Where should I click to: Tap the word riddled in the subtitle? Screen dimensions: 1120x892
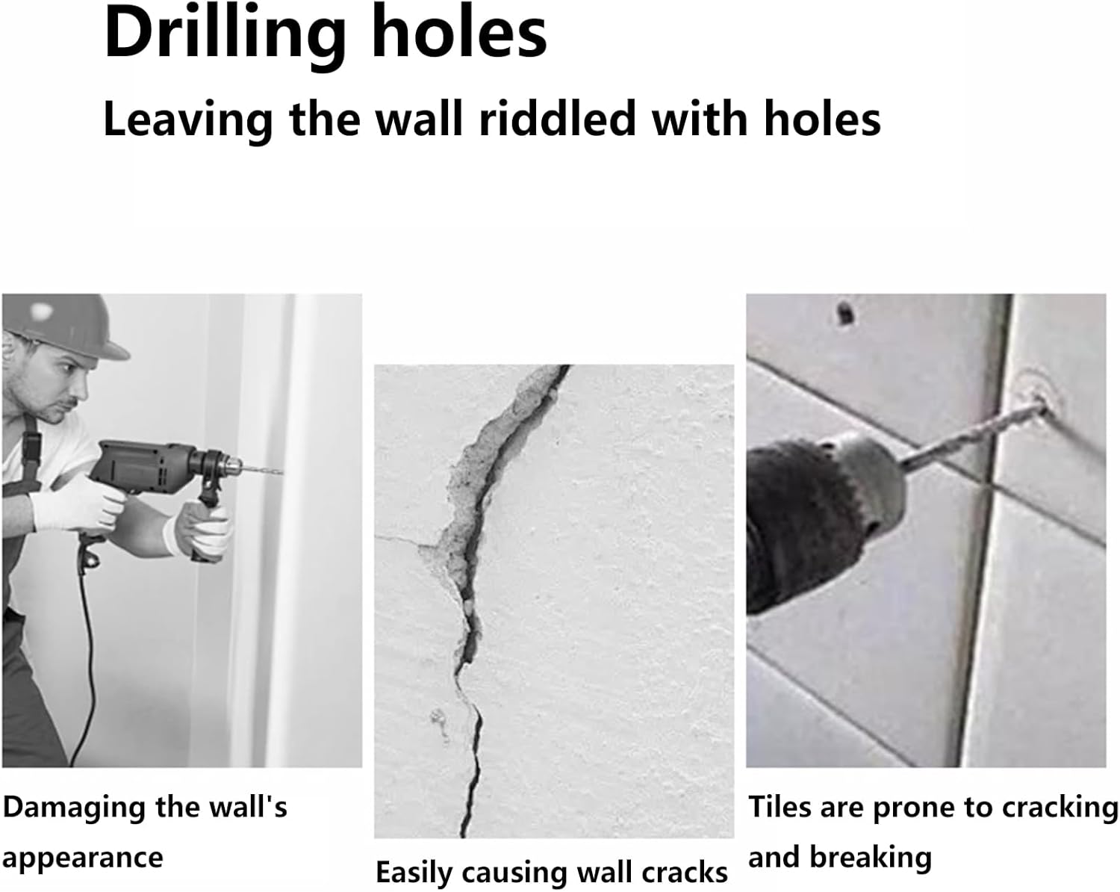pyautogui.click(x=558, y=120)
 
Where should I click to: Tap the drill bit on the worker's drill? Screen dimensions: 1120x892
pyautogui.click(x=263, y=471)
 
